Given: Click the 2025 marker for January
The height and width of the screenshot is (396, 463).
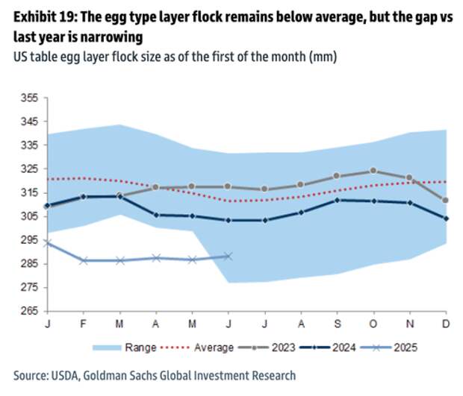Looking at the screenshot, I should click(x=48, y=243).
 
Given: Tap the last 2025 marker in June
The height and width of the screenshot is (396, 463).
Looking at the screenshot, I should click(x=229, y=256).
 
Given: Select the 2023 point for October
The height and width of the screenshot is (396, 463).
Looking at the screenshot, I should click(x=373, y=171).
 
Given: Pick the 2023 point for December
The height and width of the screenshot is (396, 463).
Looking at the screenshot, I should click(x=446, y=200).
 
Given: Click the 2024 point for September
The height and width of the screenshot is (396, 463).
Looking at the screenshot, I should click(x=337, y=200).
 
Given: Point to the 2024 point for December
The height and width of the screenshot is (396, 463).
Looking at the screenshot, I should click(x=446, y=219).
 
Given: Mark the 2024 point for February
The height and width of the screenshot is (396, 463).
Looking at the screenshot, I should click(x=84, y=196).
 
